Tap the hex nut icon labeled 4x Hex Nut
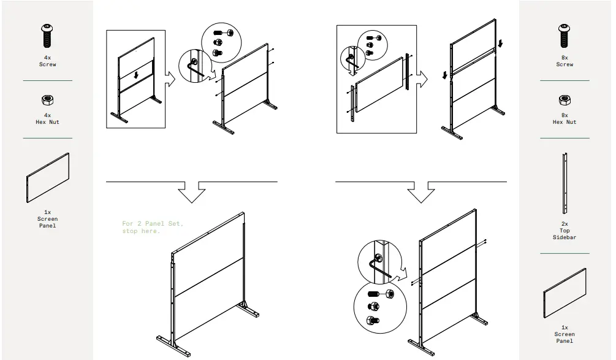coord(47,100)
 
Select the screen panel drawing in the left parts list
coord(48,178)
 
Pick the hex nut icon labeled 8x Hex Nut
coord(565,100)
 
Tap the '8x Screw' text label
coord(565,61)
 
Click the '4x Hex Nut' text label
coord(47,118)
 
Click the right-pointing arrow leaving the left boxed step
coord(170,78)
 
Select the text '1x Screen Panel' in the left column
coord(47,219)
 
